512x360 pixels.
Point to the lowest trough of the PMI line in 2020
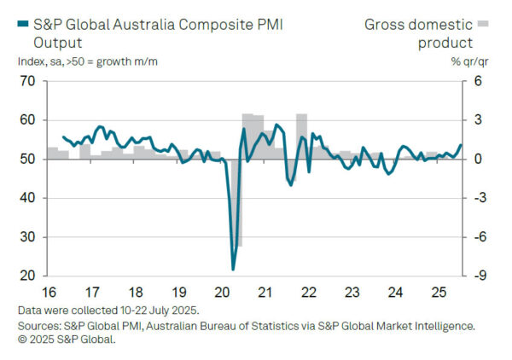(233, 270)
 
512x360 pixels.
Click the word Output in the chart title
(56, 42)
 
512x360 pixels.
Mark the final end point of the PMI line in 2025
(461, 145)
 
